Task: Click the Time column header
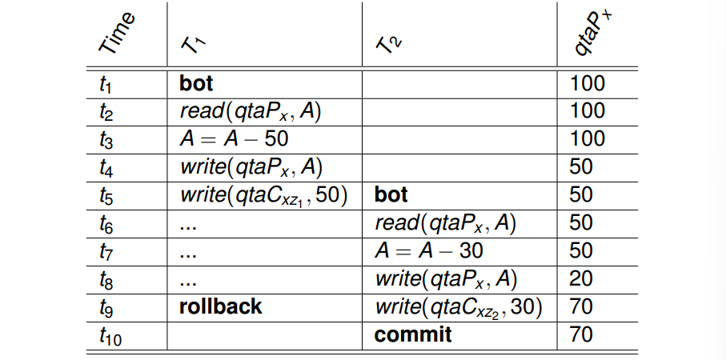point(117,33)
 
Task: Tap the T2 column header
point(389,45)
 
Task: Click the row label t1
point(106,84)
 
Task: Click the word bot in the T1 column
point(196,83)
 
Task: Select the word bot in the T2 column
point(391,195)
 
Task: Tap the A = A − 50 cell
point(234,139)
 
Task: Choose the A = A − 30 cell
point(429,250)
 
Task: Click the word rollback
point(220,306)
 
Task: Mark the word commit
point(413,334)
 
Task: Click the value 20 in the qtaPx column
point(581,278)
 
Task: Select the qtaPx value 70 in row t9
point(581,306)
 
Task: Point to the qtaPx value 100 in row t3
point(587,139)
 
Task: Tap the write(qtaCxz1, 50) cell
point(263,196)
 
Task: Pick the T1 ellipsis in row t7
point(188,255)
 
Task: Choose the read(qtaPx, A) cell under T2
point(445,223)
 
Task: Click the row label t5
point(106,196)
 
